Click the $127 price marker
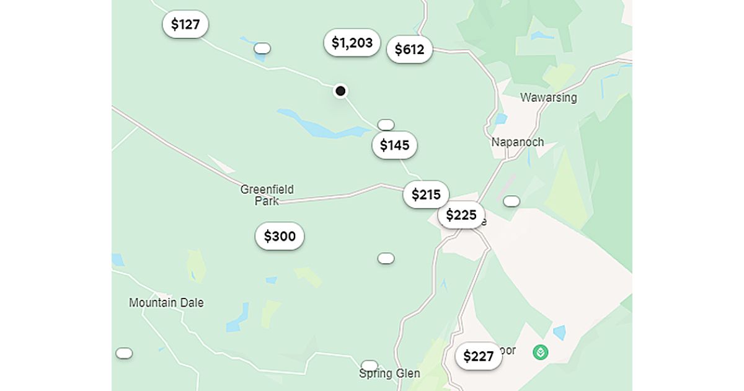tap(185, 25)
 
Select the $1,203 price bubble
tap(352, 43)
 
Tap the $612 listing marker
tap(409, 50)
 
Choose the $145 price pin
tap(395, 145)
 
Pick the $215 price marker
tap(426, 195)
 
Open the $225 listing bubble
tap(461, 215)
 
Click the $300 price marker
tap(280, 236)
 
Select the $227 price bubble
tap(479, 356)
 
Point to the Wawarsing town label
tap(548, 97)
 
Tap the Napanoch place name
tap(518, 142)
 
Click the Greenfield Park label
tap(267, 195)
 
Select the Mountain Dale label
tap(166, 303)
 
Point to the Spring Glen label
tap(389, 374)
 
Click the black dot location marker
tap(340, 91)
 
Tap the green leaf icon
tap(541, 353)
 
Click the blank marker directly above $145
tap(386, 125)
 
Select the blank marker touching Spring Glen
tap(370, 365)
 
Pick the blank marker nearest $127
tap(262, 48)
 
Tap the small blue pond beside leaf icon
tap(559, 333)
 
